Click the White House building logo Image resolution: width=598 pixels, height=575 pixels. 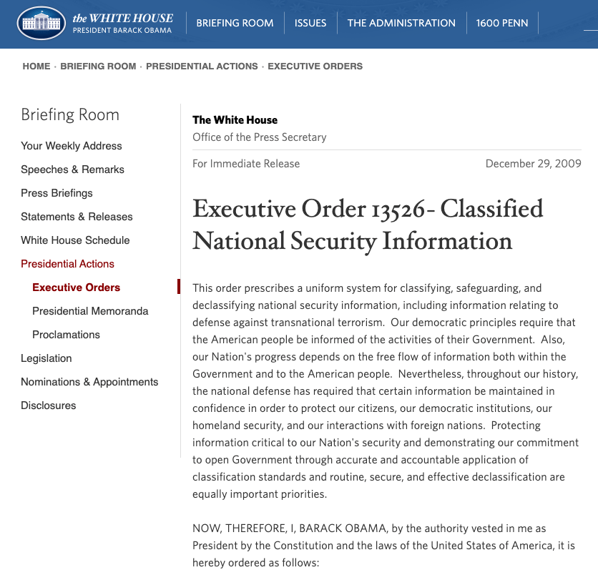coord(40,24)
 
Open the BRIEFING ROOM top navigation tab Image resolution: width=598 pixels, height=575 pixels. coord(235,23)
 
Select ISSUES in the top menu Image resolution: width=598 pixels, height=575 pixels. coord(310,23)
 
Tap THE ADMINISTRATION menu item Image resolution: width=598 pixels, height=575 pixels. coord(401,23)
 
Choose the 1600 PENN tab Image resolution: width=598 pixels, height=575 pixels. coord(502,23)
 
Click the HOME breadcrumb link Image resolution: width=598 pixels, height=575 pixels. coord(36,67)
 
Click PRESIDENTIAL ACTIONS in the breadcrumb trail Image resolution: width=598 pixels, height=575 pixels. coord(202,67)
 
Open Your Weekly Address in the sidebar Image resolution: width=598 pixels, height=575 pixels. coord(72,146)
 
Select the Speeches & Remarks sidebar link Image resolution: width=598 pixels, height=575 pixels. coord(72,169)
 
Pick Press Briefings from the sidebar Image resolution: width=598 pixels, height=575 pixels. coord(57,193)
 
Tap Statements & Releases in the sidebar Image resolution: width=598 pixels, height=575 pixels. coord(77,217)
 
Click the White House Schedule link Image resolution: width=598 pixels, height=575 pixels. coord(75,240)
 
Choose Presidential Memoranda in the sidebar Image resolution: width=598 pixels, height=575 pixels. coord(90,311)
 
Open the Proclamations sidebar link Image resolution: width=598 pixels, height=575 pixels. coord(66,335)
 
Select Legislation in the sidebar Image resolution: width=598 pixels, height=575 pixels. coord(46,358)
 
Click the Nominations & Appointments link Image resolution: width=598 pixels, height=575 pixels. coord(89,382)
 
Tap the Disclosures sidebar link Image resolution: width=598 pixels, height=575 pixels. coord(49,406)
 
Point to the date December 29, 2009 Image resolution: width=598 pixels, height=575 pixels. coord(533,164)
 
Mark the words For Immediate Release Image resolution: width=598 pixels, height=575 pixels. coord(246,164)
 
